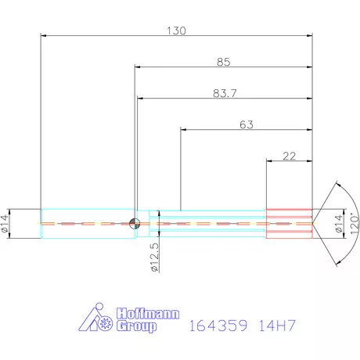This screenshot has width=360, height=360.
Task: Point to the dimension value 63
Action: point(247,124)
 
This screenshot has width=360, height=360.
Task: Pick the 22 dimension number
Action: point(289,156)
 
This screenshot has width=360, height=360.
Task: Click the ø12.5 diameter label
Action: point(154,257)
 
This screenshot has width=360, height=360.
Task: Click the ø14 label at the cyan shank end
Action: point(7,225)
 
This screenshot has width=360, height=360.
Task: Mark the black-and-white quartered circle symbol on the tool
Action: point(135,223)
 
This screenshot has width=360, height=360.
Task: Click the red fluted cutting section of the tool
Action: point(290,223)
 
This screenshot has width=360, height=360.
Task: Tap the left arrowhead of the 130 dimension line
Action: point(44,35)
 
